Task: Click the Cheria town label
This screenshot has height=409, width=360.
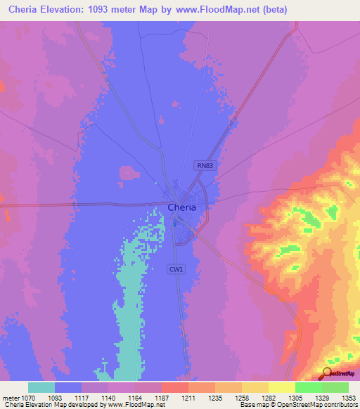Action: [181, 207]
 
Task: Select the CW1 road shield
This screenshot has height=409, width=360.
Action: [175, 269]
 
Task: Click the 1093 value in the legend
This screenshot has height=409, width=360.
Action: [55, 398]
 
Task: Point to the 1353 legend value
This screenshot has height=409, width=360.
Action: [349, 398]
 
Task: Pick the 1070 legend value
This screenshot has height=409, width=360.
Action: [28, 398]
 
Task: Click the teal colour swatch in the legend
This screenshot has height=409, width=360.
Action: [41, 387]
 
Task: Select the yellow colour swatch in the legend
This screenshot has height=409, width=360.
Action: [281, 387]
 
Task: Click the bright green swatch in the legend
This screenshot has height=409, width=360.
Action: [308, 387]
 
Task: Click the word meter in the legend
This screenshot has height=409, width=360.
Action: [9, 398]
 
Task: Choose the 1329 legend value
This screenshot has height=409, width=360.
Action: [322, 398]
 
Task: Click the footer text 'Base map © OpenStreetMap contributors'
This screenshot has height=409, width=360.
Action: [297, 405]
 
